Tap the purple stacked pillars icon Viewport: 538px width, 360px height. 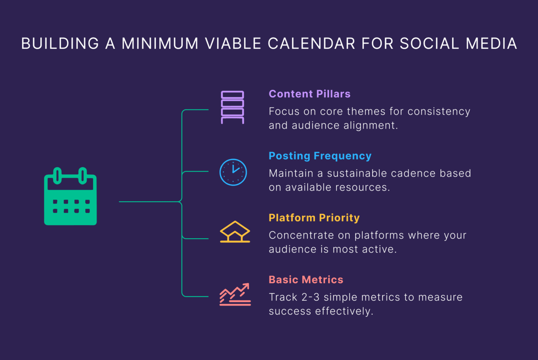[232, 107]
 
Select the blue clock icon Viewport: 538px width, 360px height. [233, 172]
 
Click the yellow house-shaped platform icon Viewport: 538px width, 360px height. [235, 232]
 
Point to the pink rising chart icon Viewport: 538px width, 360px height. [235, 294]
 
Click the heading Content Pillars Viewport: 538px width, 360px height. [309, 94]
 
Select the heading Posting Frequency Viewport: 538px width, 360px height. [320, 156]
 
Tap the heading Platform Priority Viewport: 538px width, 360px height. [314, 218]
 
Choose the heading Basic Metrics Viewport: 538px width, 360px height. [306, 279]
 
